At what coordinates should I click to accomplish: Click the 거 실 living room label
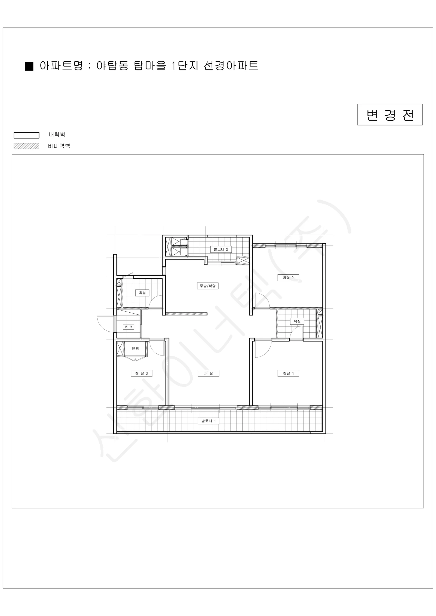point(208,373)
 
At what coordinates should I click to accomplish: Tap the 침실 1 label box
point(288,373)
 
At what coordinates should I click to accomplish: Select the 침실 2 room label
point(288,278)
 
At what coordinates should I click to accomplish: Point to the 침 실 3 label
point(141,373)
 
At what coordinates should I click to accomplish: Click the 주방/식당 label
point(207,286)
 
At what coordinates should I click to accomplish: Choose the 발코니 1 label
point(208,421)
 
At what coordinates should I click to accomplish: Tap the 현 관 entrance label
point(129,327)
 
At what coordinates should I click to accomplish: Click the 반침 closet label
point(135,349)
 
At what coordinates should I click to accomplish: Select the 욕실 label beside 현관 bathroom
point(142,293)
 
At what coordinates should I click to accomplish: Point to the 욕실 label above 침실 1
point(297,321)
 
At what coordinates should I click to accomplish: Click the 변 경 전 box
point(390,114)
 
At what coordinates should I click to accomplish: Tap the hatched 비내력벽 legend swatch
point(27,146)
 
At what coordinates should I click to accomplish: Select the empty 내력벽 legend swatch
point(27,135)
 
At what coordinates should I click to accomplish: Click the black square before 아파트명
point(29,66)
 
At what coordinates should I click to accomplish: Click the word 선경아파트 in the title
point(231,65)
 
